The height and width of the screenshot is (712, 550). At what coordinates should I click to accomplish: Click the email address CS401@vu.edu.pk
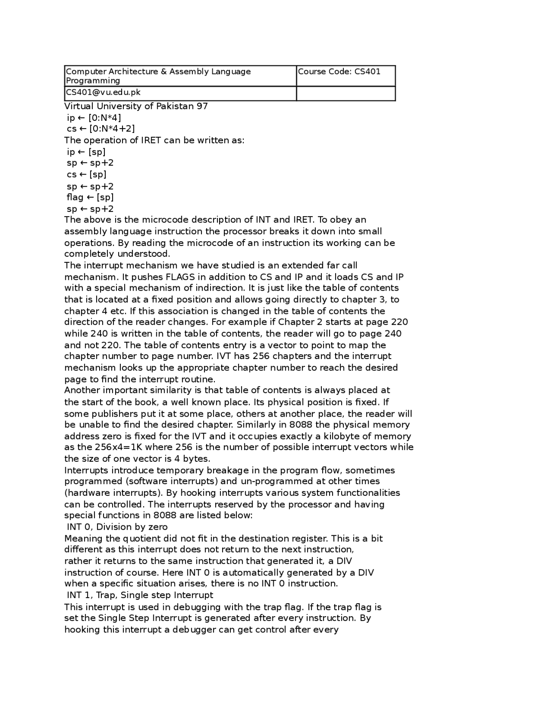[x=103, y=92]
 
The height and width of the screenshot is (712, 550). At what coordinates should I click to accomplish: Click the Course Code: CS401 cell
[x=339, y=72]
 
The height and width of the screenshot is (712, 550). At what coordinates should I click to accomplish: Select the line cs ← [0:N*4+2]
[x=101, y=129]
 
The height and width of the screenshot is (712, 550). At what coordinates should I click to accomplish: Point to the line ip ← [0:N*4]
[x=94, y=118]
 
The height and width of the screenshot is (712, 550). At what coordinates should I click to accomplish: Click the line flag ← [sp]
[x=90, y=197]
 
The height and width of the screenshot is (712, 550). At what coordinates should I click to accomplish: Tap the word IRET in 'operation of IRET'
[x=151, y=141]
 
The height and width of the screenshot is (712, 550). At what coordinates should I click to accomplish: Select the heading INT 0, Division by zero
[x=117, y=527]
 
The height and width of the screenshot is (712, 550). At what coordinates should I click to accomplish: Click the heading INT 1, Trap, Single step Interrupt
[x=140, y=595]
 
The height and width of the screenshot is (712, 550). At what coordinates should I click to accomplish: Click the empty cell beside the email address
[x=345, y=93]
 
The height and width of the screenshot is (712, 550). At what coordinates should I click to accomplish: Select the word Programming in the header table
[x=93, y=81]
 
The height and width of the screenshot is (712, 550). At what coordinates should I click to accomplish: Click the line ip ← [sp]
[x=86, y=152]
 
